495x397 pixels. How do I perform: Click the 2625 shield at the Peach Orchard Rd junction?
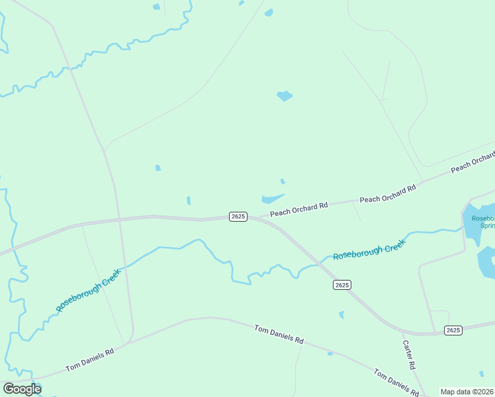tap(238, 216)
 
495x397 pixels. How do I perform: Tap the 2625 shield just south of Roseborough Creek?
tap(341, 285)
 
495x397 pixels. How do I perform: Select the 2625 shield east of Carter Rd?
tap(453, 330)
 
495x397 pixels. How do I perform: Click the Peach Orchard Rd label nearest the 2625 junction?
tap(298, 209)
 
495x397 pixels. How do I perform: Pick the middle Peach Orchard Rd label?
tap(387, 194)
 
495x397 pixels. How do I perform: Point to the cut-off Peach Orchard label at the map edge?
tap(472, 162)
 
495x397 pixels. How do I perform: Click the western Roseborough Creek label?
tap(87, 290)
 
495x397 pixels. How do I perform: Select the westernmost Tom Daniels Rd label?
tap(89, 360)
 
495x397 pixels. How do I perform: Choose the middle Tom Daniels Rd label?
tap(279, 334)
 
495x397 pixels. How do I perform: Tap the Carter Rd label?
tap(409, 355)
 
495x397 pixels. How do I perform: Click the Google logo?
tap(22, 389)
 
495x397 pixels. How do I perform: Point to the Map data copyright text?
tap(467, 392)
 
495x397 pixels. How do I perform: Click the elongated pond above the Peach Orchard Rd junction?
tap(272, 198)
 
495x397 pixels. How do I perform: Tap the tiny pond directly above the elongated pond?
tap(283, 181)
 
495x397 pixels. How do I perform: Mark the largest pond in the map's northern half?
tap(285, 96)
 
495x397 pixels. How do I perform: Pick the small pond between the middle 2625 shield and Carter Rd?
tap(341, 315)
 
